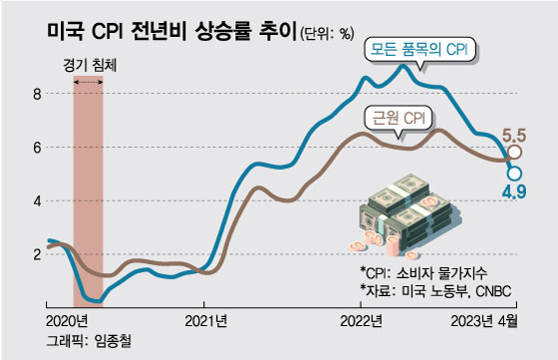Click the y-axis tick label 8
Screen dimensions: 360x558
(37, 95)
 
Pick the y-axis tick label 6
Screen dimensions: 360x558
(37, 148)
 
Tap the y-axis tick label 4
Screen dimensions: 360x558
(37, 200)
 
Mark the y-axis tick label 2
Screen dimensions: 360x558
(37, 253)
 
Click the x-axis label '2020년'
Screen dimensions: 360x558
(68, 320)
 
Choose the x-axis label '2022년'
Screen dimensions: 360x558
(363, 320)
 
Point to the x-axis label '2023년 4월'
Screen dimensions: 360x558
(485, 320)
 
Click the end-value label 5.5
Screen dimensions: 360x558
(514, 135)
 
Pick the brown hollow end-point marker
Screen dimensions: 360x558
(514, 154)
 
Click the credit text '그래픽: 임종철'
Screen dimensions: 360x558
(89, 341)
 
